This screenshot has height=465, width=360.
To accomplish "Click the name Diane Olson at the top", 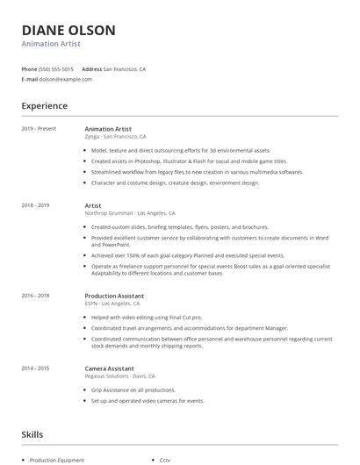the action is pos(68,30).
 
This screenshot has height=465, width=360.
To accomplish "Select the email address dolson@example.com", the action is pos(66,79).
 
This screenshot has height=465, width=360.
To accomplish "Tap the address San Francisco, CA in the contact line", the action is pos(125,68).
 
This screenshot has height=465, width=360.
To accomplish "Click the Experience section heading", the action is pos(44,106).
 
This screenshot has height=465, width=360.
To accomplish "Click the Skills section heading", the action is pos(32,433).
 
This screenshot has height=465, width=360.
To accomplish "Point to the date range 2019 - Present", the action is pos(39,129).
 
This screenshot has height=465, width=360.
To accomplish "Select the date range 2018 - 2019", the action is pos(35,205).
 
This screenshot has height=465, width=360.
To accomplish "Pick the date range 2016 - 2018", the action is pos(35,297).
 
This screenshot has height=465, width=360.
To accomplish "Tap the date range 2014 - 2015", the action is pos(35,369).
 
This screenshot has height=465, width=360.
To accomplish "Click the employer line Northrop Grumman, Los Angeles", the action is pos(130,213).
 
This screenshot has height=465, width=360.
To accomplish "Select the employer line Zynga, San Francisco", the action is pos(115,137).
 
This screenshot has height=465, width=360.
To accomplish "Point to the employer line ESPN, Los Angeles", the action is pos(120,304).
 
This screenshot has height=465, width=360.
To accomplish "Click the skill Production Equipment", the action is pos(57,460).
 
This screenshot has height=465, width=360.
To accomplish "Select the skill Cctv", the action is pos(164,460).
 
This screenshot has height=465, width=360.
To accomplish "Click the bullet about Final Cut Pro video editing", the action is pos(147,317).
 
